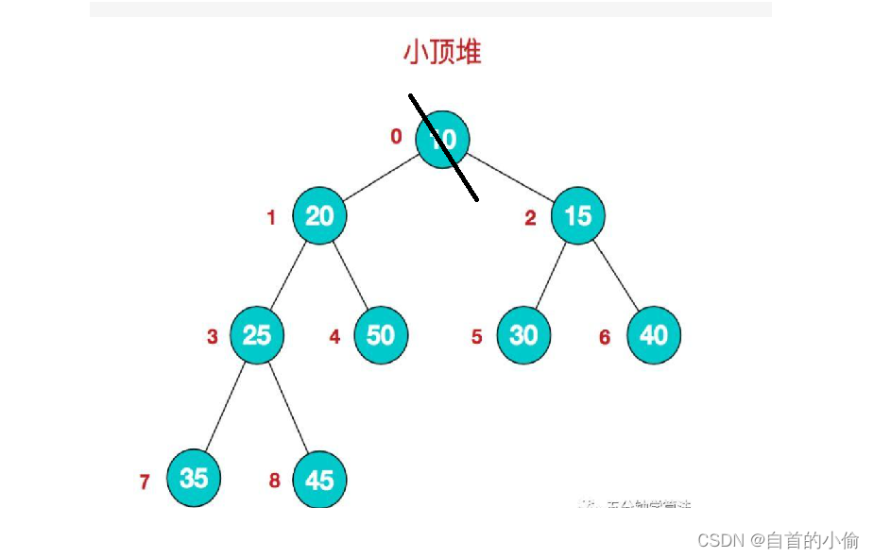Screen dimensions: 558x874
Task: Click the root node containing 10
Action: coord(442,140)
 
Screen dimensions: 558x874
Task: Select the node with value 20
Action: coord(319,215)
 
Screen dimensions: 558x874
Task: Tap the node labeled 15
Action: coord(577,215)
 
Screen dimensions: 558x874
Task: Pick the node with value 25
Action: coord(256,334)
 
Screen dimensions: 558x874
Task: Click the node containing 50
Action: coord(381,334)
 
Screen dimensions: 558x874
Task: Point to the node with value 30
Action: coord(523,334)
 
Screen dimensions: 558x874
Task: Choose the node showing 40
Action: coord(653,334)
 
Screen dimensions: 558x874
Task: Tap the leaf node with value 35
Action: coord(194,478)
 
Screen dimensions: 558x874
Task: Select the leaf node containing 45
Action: coord(319,480)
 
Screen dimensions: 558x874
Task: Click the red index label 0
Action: coord(397,137)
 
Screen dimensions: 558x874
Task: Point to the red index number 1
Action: coord(271,218)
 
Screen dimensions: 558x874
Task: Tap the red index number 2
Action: coord(530,219)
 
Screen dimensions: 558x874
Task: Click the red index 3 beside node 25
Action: coord(213,337)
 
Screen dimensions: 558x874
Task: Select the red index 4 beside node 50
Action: coord(334,337)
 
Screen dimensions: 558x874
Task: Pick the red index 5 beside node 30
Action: coord(477,337)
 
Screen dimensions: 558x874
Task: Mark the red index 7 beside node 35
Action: coord(145,482)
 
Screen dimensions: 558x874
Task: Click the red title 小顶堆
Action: coord(442,52)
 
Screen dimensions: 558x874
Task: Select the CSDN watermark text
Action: coord(778,540)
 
